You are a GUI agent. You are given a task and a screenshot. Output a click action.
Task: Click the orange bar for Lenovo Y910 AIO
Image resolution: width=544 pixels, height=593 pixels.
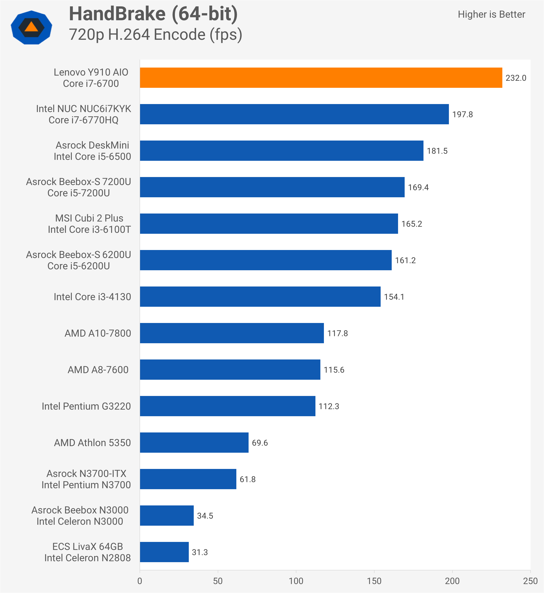click(x=321, y=78)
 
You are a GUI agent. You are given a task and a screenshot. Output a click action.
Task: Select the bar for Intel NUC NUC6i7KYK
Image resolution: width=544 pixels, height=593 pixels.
click(x=294, y=114)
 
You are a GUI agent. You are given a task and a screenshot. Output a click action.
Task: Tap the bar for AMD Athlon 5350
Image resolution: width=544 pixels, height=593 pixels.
click(x=194, y=443)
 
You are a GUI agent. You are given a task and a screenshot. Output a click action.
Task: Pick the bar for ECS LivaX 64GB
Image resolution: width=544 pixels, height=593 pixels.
click(x=164, y=552)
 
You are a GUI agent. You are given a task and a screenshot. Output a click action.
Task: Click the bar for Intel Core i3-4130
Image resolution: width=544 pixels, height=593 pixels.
click(x=260, y=297)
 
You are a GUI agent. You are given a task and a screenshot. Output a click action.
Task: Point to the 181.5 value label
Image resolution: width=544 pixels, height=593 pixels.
click(x=437, y=151)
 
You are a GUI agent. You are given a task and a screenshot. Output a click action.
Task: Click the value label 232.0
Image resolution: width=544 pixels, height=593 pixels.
click(x=516, y=78)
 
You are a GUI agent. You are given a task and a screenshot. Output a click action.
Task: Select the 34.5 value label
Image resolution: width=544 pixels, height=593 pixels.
click(x=205, y=516)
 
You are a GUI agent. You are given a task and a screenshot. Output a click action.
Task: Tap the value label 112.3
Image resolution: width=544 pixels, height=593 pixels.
click(x=329, y=406)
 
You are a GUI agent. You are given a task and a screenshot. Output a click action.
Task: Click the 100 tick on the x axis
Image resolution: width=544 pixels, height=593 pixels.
click(x=296, y=581)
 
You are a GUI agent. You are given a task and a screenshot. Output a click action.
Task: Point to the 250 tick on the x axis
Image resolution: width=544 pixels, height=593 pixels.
click(x=530, y=581)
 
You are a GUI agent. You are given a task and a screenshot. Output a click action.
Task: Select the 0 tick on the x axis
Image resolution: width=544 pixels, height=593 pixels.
click(x=140, y=581)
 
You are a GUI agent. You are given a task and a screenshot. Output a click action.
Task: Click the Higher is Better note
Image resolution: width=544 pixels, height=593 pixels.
click(x=491, y=14)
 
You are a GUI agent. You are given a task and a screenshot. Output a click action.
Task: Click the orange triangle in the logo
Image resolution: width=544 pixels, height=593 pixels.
click(x=32, y=27)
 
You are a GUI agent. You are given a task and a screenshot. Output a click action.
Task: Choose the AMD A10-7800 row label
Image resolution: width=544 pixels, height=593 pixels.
click(x=98, y=333)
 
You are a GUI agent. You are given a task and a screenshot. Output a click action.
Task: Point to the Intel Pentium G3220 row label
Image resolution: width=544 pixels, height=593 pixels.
click(x=86, y=406)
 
